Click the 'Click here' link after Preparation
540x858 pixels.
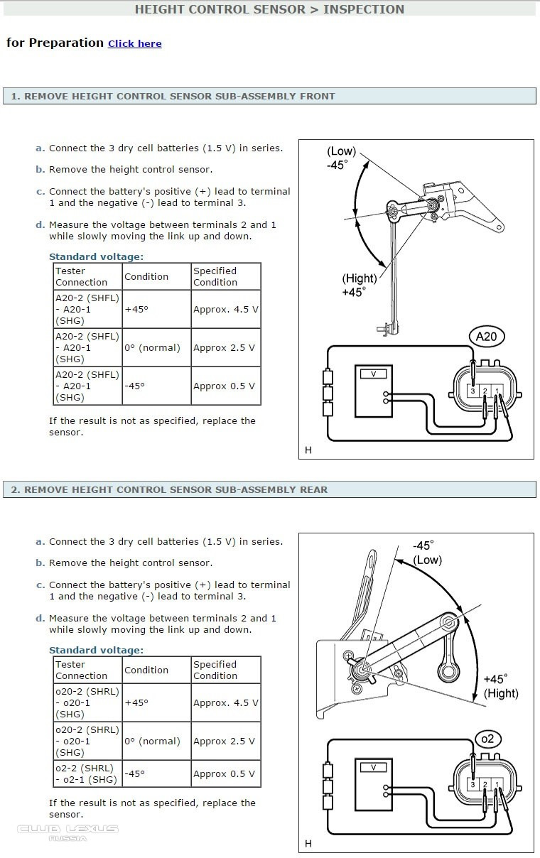click(x=134, y=44)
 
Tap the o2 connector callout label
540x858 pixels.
click(x=487, y=739)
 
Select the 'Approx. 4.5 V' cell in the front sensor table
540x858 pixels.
click(x=225, y=310)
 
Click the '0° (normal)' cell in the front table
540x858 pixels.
click(x=152, y=348)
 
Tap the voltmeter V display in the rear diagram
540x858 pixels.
click(x=373, y=768)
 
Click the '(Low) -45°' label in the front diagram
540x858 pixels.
click(x=340, y=158)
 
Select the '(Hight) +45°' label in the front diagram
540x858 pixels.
click(x=358, y=286)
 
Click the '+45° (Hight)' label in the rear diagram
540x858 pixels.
click(x=500, y=686)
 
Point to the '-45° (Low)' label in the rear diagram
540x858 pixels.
click(x=426, y=553)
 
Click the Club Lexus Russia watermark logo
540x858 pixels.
click(x=68, y=832)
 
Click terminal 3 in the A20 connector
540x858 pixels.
click(x=473, y=391)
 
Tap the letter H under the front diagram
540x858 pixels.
click(x=308, y=450)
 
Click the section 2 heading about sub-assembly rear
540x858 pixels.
click(x=169, y=489)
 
